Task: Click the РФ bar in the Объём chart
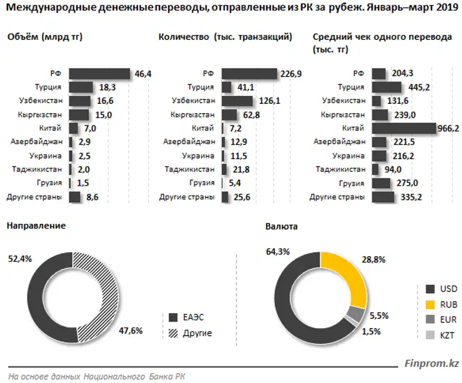pyautogui.click(x=99, y=74)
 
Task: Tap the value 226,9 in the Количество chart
pyautogui.click(x=290, y=74)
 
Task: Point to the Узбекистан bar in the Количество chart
pyautogui.click(x=237, y=101)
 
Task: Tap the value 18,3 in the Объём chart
pyautogui.click(x=105, y=87)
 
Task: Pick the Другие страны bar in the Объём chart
pyautogui.click(x=74, y=197)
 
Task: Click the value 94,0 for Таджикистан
pyautogui.click(x=392, y=170)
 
